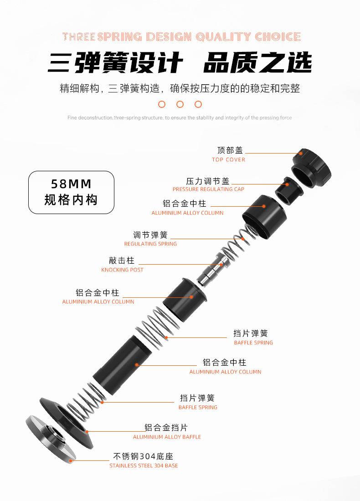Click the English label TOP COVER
pyautogui.click(x=228, y=160)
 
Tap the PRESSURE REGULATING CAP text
pyautogui.click(x=208, y=189)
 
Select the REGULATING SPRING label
pyautogui.click(x=150, y=244)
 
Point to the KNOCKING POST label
pyautogui.click(x=122, y=270)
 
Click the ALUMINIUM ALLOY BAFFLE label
pyautogui.click(x=167, y=437)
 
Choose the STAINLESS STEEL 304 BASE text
pyautogui.click(x=144, y=466)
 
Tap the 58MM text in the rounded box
pyautogui.click(x=71, y=184)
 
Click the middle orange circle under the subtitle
pyautogui.click(x=180, y=104)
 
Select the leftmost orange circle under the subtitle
pyautogui.click(x=161, y=104)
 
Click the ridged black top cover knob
pyautogui.click(x=312, y=166)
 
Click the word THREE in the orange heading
pyautogui.click(x=78, y=37)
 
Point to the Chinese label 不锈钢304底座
pyautogui.click(x=143, y=456)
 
